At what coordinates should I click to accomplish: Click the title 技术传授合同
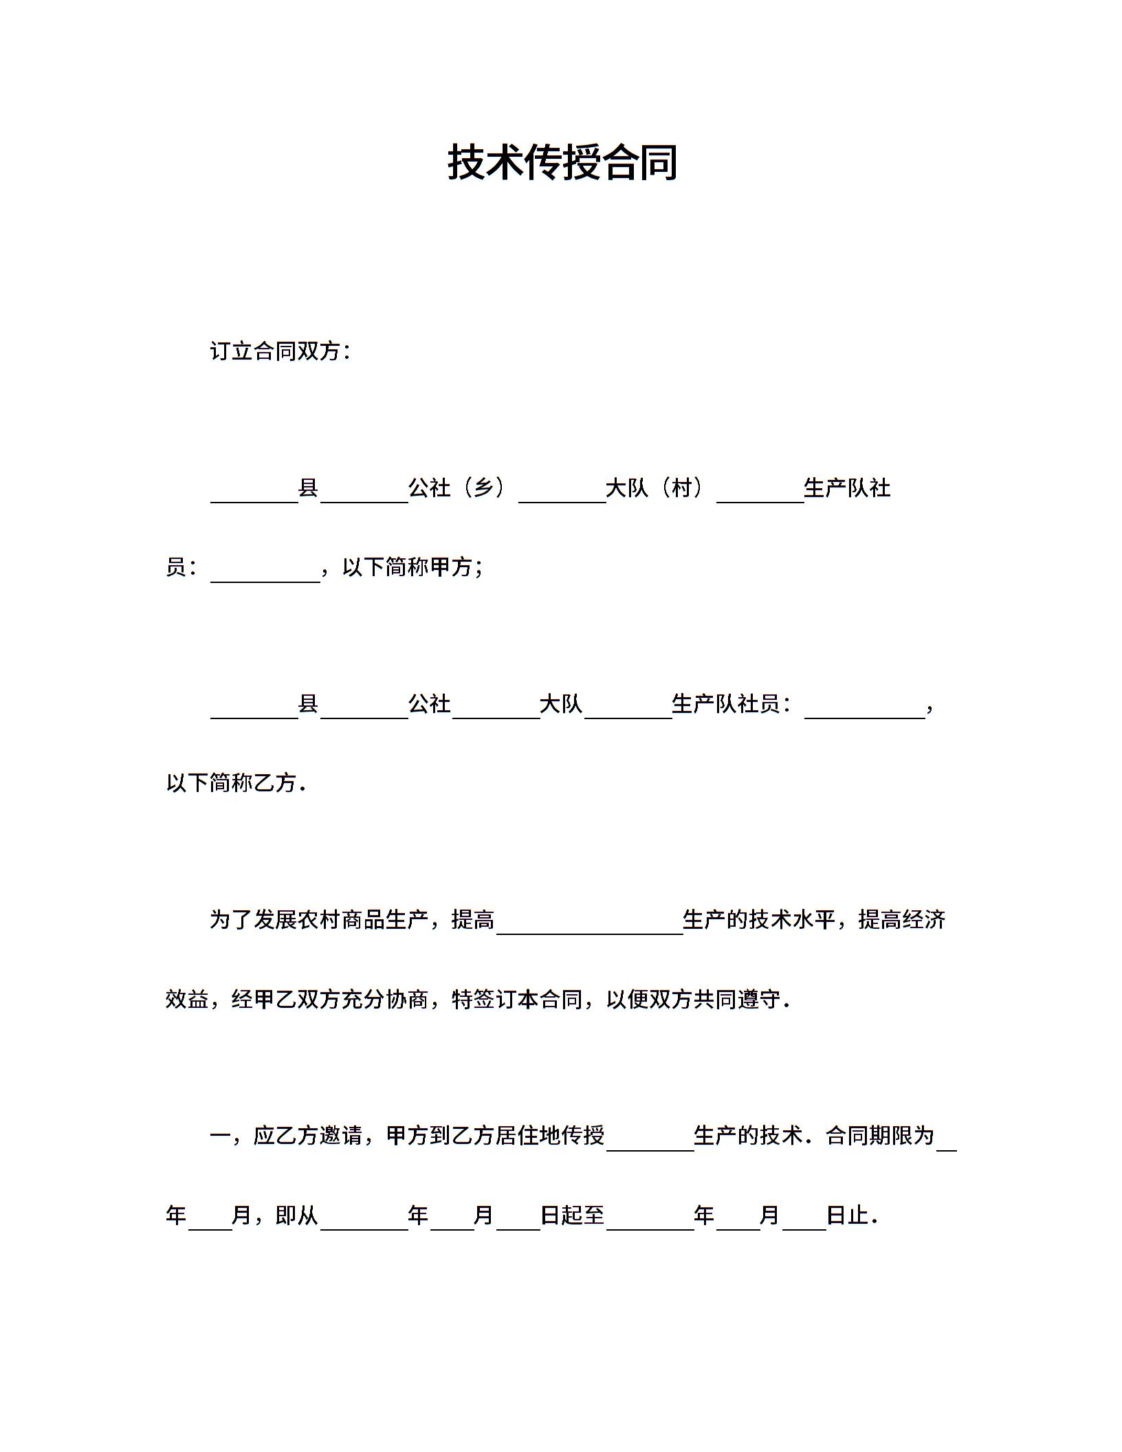click(x=562, y=163)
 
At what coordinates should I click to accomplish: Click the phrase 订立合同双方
click(x=276, y=351)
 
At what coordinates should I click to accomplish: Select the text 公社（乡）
click(x=457, y=488)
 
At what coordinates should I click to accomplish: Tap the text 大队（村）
click(x=654, y=488)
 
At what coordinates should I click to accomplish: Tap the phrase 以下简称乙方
click(x=231, y=783)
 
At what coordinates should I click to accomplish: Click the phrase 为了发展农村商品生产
click(x=319, y=920)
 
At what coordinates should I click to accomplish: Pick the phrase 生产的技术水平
click(x=759, y=920)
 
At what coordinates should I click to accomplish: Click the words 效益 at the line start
click(x=187, y=999)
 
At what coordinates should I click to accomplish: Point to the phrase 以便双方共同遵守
click(x=694, y=999)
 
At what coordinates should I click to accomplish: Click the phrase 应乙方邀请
click(x=308, y=1135)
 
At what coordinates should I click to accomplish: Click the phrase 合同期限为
click(x=880, y=1135)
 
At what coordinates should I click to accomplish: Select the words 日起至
click(x=572, y=1215)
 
